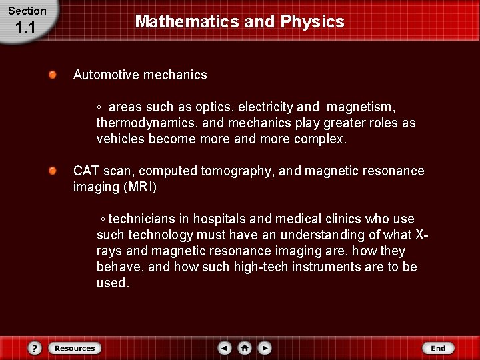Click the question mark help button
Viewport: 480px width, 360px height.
(x=35, y=348)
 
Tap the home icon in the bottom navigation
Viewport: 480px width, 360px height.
(x=245, y=348)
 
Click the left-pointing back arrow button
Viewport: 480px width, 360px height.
(x=225, y=348)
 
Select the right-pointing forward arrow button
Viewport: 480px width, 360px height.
(x=265, y=348)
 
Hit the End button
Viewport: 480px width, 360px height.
(x=438, y=348)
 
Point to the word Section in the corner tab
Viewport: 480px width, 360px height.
(x=27, y=11)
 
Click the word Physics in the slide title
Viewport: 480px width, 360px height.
(x=312, y=21)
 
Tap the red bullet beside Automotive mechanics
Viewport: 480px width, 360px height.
(x=53, y=75)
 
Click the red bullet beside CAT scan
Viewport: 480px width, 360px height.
(x=53, y=171)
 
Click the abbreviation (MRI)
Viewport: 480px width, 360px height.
(x=139, y=187)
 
